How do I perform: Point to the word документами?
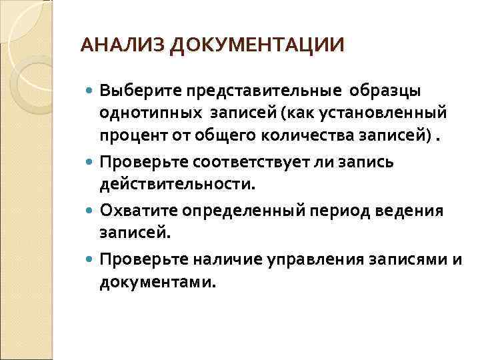[157, 284]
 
